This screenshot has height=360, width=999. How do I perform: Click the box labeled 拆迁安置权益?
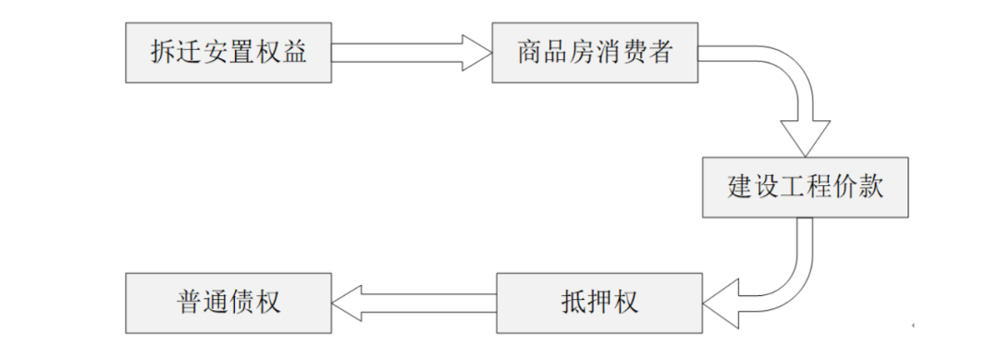[228, 51]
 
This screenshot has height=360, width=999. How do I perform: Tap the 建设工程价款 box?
[805, 187]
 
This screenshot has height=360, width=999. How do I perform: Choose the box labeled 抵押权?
[599, 303]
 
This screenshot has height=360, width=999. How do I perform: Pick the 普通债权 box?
[228, 303]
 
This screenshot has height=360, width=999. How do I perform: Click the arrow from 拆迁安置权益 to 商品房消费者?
[411, 51]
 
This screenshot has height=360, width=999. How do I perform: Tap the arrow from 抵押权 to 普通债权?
[414, 303]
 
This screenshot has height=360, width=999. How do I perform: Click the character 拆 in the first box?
[162, 51]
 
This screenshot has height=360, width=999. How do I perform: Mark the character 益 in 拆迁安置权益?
[293, 51]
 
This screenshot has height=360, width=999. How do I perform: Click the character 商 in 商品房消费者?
[529, 51]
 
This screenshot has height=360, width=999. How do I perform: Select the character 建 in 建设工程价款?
[740, 187]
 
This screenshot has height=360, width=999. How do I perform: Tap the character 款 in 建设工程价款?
[870, 187]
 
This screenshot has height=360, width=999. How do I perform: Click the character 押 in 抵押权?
[599, 303]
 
